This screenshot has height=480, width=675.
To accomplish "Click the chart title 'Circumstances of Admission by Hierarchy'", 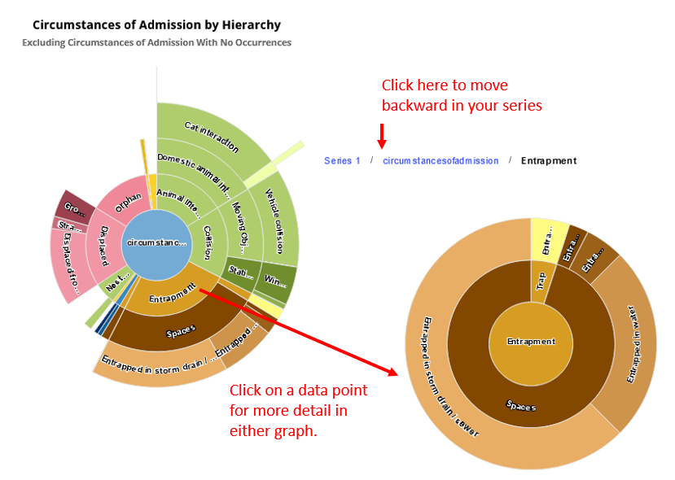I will point(156,25).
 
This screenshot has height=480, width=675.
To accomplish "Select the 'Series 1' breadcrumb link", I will point(342,161).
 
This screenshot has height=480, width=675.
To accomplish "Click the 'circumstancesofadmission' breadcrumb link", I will point(441,161).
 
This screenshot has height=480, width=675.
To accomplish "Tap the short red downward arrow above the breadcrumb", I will point(381,134).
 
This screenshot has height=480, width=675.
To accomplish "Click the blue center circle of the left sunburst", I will point(156,242).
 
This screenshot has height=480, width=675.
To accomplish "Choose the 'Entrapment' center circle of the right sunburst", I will point(531,342).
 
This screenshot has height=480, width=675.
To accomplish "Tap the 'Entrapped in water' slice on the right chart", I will point(635,342).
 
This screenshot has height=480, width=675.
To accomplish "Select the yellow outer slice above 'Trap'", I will point(549,239).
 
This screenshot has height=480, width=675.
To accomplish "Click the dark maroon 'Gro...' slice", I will point(76,205).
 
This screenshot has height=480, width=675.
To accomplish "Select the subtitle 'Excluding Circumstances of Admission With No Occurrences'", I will point(156,42).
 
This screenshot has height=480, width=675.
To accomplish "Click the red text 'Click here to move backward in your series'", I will point(462,95).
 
